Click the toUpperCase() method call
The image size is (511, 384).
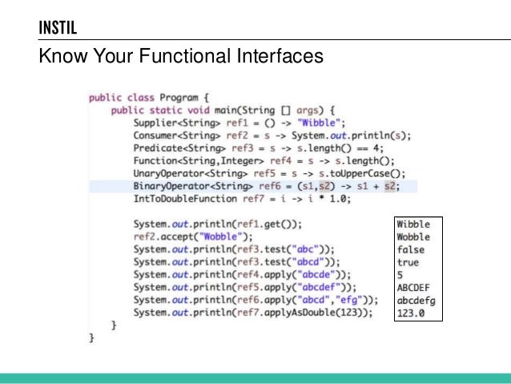pos(371,174)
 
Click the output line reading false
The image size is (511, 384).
pos(411,249)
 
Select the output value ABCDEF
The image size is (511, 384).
pos(413,288)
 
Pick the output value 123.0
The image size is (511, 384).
pos(411,313)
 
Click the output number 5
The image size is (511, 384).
pos(400,275)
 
